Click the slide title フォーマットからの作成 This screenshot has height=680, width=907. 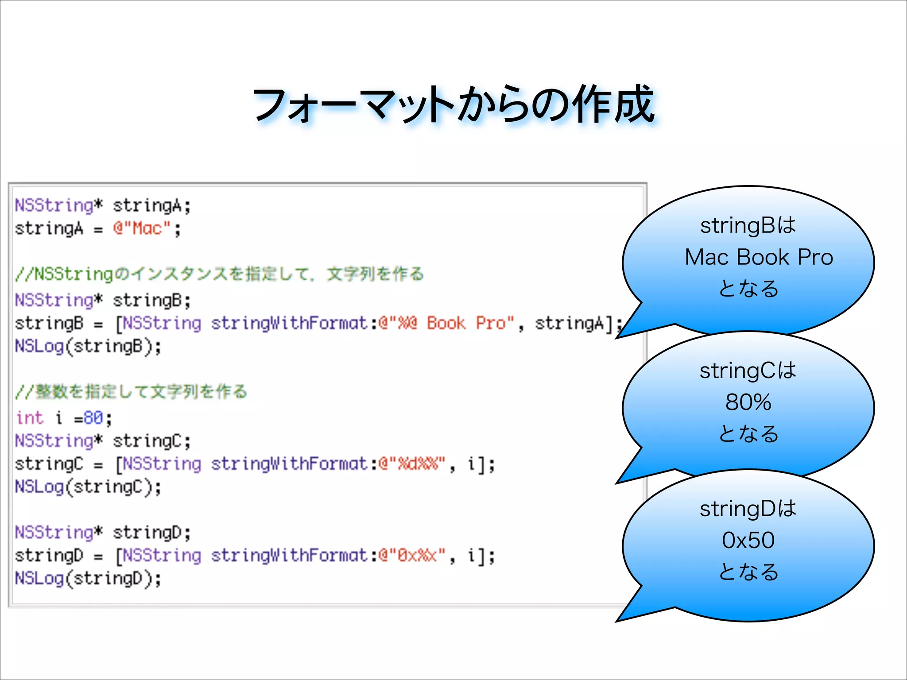coord(453,104)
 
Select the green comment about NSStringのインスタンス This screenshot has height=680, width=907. coord(220,274)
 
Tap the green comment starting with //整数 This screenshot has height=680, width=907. coord(131,391)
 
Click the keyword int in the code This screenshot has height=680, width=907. coord(30,417)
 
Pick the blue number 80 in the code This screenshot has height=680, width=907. coord(93,417)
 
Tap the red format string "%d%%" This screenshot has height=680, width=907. coord(412,464)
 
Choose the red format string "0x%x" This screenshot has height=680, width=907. coord(412,555)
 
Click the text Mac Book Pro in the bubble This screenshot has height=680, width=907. coord(759,257)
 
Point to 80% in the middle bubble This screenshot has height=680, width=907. coord(748,402)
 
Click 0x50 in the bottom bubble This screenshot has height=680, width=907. coord(748,540)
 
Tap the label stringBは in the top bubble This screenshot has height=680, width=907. coord(748,225)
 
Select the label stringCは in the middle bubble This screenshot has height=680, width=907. coord(748,371)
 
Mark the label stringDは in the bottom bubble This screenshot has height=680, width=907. coord(748,509)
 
